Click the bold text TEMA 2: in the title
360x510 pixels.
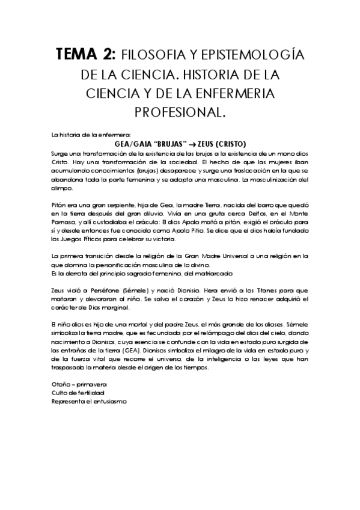(x=85, y=55)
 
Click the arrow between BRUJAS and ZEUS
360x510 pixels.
(x=192, y=144)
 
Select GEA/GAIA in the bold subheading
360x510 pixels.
(x=133, y=144)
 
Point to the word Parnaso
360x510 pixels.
(x=66, y=221)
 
